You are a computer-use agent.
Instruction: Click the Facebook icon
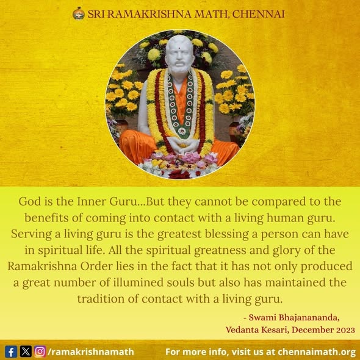point(11,351)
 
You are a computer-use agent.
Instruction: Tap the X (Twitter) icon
point(26,351)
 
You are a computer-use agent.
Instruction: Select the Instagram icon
point(40,351)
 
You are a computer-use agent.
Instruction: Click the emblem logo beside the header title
point(79,13)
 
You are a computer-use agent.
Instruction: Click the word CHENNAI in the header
point(258,14)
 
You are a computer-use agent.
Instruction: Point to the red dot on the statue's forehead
point(179,49)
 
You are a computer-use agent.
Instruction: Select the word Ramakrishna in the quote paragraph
point(42,266)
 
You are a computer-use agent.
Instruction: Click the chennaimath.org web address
point(317,351)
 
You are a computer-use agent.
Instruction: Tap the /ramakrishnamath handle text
point(91,351)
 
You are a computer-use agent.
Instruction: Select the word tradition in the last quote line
point(101,299)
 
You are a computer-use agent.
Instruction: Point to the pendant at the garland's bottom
point(182,131)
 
